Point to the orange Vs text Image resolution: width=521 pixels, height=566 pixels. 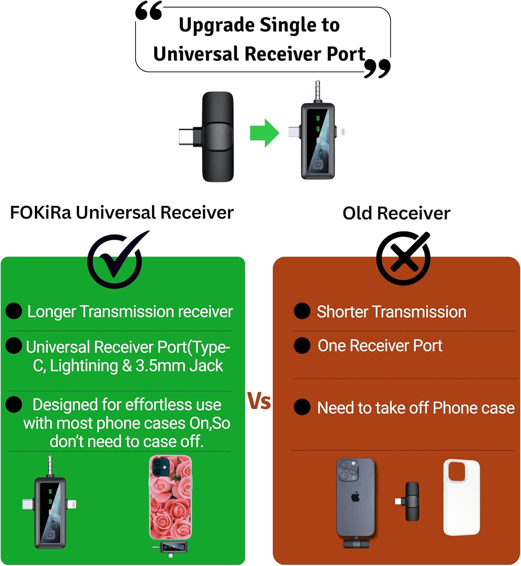pyautogui.click(x=259, y=401)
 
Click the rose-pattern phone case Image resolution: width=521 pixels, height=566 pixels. pyautogui.click(x=170, y=497)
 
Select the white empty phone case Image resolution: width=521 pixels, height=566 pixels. pyautogui.click(x=461, y=497)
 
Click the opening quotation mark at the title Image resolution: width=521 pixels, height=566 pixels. pyautogui.click(x=149, y=11)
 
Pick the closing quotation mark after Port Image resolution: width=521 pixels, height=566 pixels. pyautogui.click(x=377, y=69)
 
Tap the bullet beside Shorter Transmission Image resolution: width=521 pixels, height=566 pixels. pyautogui.click(x=302, y=311)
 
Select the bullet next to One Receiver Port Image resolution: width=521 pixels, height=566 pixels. pyautogui.click(x=302, y=345)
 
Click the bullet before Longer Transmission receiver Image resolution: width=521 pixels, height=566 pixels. pyautogui.click(x=14, y=311)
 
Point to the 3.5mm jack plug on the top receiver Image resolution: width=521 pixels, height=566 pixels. pyautogui.click(x=318, y=91)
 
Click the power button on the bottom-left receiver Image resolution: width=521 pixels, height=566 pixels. pyautogui.click(x=50, y=534)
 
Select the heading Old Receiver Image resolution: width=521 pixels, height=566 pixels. pyautogui.click(x=396, y=213)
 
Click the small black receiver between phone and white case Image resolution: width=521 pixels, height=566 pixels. pyautogui.click(x=408, y=501)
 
